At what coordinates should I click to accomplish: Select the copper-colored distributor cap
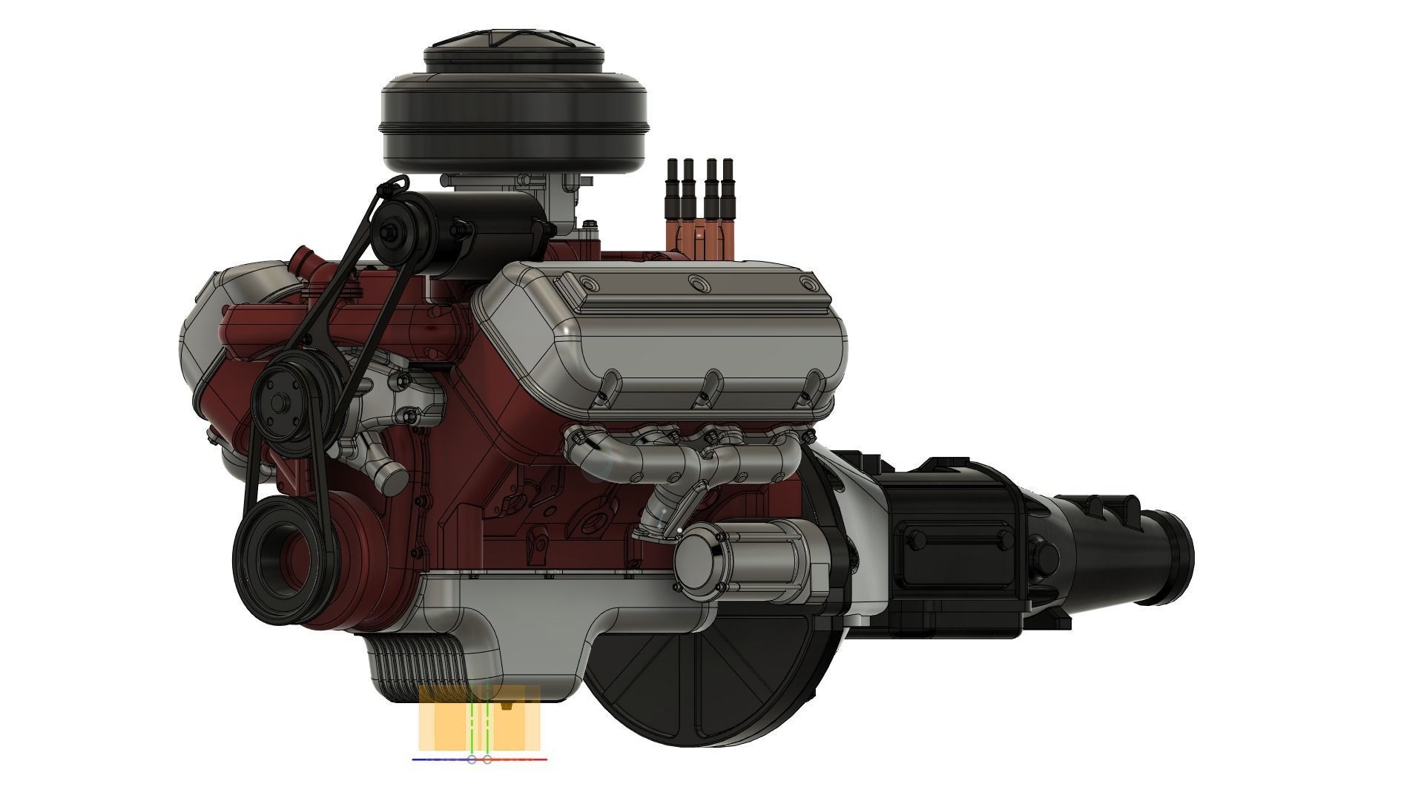tap(697, 237)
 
